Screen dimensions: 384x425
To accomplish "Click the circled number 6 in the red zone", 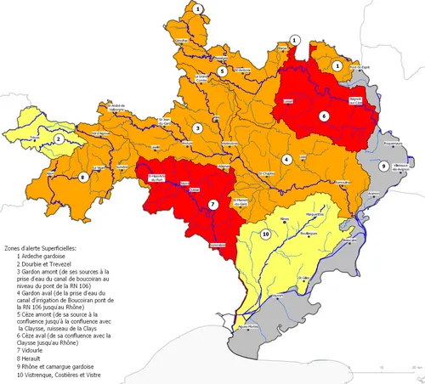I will click(x=323, y=115).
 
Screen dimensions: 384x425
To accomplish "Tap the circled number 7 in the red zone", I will click(x=213, y=204).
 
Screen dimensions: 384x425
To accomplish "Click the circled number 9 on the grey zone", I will click(x=384, y=167).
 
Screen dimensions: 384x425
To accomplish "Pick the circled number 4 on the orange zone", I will click(x=287, y=159).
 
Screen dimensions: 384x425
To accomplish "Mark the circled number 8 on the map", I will click(x=83, y=177).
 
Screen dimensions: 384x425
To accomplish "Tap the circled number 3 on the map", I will click(x=197, y=128).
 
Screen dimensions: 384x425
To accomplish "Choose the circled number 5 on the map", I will click(x=222, y=72).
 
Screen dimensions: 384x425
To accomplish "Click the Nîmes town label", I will click(x=285, y=218).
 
